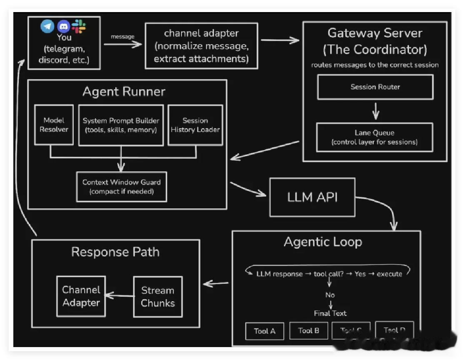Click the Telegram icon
pos(47,26)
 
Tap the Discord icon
pos(63,26)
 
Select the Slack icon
pos(79,26)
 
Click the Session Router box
pos(375,87)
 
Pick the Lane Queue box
pos(374,137)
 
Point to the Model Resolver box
pos(54,125)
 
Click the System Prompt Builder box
pos(121,125)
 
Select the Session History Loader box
pos(195,125)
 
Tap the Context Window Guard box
pos(121,187)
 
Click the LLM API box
pos(312,197)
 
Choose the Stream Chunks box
pos(157,297)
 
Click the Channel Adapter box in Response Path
pos(81,296)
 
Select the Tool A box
pos(264,331)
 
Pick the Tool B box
pos(309,330)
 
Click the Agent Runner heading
pos(124,91)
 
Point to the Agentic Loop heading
pos(323,242)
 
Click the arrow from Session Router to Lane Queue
pos(375,111)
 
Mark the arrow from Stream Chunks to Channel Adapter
pos(119,296)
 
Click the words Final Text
pos(330,313)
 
